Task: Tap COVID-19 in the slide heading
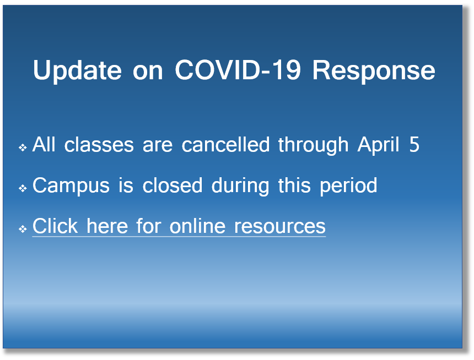point(238,70)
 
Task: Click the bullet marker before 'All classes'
point(23,148)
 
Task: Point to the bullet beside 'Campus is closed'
point(23,188)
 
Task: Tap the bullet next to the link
point(23,229)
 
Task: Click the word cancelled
point(225,144)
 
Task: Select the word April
point(378,145)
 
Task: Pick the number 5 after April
point(414,144)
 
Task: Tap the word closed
point(173,185)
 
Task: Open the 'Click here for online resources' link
point(179,226)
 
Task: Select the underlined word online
point(197,226)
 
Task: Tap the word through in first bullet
point(313,145)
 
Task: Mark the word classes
point(99,144)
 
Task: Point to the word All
point(44,144)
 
